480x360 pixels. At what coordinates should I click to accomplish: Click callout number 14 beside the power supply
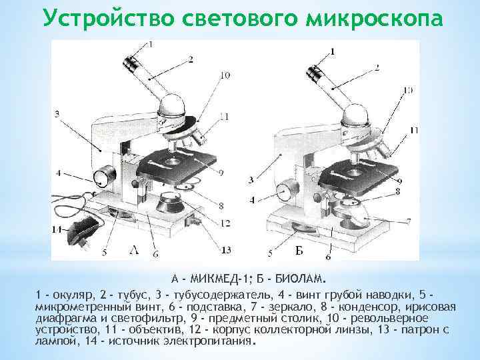tap(57, 229)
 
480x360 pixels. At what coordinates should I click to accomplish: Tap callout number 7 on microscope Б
tap(408, 221)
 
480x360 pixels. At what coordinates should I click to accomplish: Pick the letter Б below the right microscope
tap(300, 250)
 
